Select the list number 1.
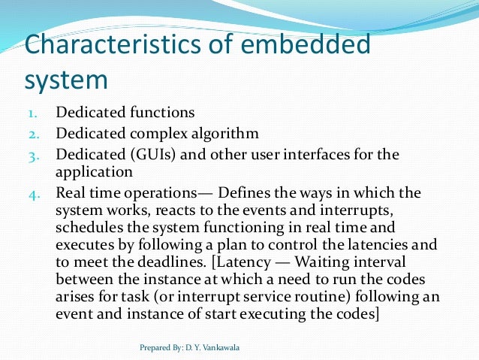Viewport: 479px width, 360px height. point(34,113)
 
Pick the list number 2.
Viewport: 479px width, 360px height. point(34,135)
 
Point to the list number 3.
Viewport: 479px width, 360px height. point(34,156)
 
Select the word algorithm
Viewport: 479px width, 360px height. point(218,134)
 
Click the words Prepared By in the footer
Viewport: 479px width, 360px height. point(158,349)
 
